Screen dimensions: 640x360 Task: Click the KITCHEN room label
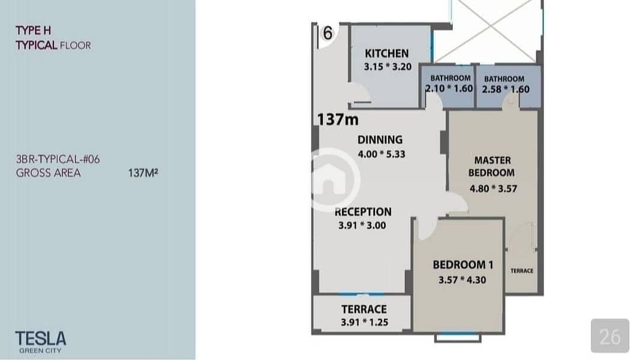click(386, 53)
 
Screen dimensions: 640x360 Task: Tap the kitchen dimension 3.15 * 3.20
click(387, 67)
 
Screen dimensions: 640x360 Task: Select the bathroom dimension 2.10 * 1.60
click(449, 88)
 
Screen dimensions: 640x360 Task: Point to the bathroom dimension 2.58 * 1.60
click(506, 89)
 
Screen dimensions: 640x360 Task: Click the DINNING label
click(380, 140)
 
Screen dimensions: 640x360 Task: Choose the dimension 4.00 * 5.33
click(381, 154)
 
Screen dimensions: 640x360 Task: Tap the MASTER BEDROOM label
click(492, 167)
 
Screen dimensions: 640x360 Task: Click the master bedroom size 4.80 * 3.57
click(494, 188)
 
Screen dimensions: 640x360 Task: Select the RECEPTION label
click(363, 212)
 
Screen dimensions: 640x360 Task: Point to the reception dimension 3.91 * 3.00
click(362, 226)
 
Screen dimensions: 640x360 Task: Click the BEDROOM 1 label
click(463, 265)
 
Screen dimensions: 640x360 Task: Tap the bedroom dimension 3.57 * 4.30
click(462, 280)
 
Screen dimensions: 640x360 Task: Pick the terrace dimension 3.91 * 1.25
click(365, 322)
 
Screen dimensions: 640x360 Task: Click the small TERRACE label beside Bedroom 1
click(522, 271)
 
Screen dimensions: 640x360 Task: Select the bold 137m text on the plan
click(338, 119)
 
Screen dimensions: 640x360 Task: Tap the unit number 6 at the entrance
click(327, 33)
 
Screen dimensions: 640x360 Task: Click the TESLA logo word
click(41, 338)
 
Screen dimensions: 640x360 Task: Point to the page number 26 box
click(610, 336)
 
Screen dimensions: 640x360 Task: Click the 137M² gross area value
click(143, 173)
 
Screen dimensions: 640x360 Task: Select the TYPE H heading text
click(34, 31)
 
